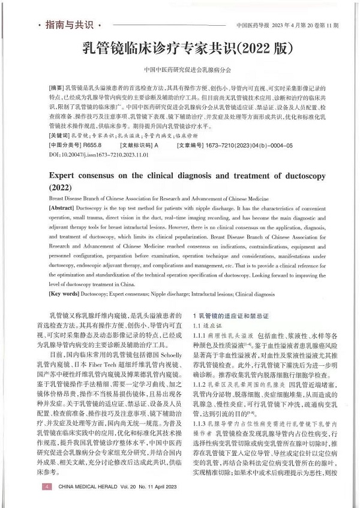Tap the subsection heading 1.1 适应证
point(206,325)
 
